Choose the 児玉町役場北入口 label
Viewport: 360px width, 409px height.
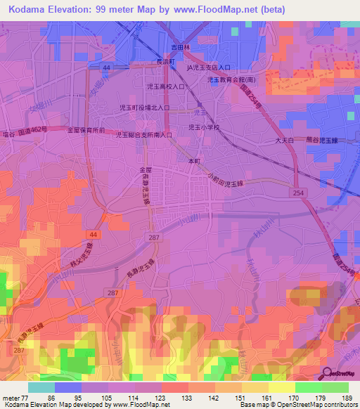(x=145, y=108)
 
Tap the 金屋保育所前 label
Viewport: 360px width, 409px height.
(x=86, y=131)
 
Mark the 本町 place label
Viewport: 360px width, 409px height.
(x=194, y=161)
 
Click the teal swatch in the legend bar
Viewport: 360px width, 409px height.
(x=41, y=387)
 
